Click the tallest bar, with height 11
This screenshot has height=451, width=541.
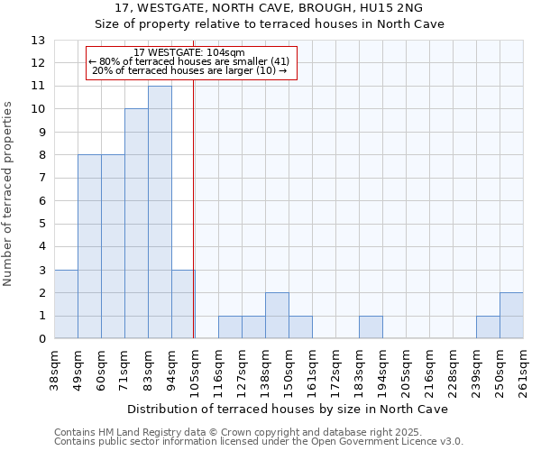tap(160, 212)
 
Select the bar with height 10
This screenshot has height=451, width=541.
tap(136, 224)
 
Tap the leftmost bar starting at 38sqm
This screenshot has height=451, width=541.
tap(66, 304)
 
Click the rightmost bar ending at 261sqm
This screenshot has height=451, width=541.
tap(511, 316)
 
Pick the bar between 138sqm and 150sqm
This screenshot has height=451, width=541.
tap(277, 316)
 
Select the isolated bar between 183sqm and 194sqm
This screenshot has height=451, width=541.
tap(371, 327)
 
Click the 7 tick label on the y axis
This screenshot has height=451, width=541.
tap(41, 178)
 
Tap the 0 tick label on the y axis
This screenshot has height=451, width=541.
tap(41, 339)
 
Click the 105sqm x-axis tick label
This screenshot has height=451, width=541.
tap(195, 370)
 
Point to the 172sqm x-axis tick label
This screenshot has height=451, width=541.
tap(335, 370)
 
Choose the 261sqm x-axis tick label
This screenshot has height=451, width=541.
tap(523, 370)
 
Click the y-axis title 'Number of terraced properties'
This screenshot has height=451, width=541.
tap(9, 194)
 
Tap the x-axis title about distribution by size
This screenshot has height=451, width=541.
tap(288, 409)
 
